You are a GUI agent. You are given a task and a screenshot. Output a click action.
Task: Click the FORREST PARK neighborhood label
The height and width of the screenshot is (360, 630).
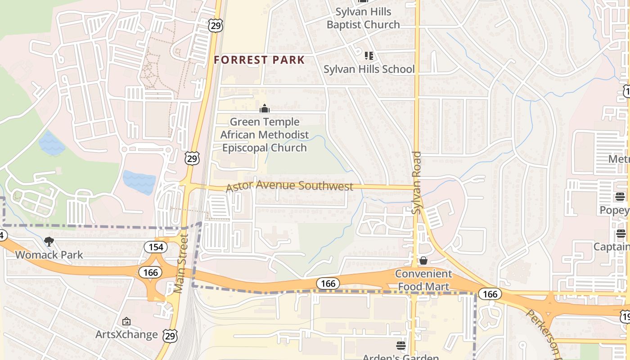259,60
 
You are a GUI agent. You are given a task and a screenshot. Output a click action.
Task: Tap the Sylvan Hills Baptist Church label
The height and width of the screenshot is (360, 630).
363,18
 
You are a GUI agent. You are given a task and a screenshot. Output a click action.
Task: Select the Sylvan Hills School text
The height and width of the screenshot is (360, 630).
369,69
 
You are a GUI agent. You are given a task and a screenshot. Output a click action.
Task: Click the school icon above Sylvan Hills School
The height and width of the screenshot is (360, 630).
369,56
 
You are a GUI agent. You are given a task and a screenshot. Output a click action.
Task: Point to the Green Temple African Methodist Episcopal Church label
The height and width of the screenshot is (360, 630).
265,135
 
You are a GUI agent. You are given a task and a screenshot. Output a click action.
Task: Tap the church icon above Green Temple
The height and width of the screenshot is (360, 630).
265,108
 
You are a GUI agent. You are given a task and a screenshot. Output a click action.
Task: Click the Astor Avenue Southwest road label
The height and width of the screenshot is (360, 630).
289,186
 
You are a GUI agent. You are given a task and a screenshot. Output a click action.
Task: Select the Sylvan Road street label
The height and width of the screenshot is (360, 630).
417,182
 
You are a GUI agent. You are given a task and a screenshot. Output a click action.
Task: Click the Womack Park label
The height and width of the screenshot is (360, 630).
49,255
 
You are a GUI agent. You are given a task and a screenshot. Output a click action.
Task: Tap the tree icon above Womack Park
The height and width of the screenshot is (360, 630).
49,242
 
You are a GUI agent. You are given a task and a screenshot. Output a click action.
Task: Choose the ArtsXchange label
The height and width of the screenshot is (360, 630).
126,334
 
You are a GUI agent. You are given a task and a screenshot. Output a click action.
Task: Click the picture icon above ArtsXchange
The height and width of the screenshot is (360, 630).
126,321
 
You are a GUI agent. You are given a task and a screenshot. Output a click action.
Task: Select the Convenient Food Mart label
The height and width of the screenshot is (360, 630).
423,280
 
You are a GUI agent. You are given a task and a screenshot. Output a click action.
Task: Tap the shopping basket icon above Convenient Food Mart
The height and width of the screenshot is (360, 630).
423,261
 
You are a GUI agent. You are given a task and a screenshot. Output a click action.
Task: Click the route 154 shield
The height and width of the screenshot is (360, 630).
156,247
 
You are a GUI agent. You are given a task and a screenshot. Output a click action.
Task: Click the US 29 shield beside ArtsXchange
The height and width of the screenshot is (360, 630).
171,336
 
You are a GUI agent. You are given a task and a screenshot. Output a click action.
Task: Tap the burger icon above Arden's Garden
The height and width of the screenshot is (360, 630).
400,346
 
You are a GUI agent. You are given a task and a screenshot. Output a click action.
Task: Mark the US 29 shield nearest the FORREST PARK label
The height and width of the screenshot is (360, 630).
216,26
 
